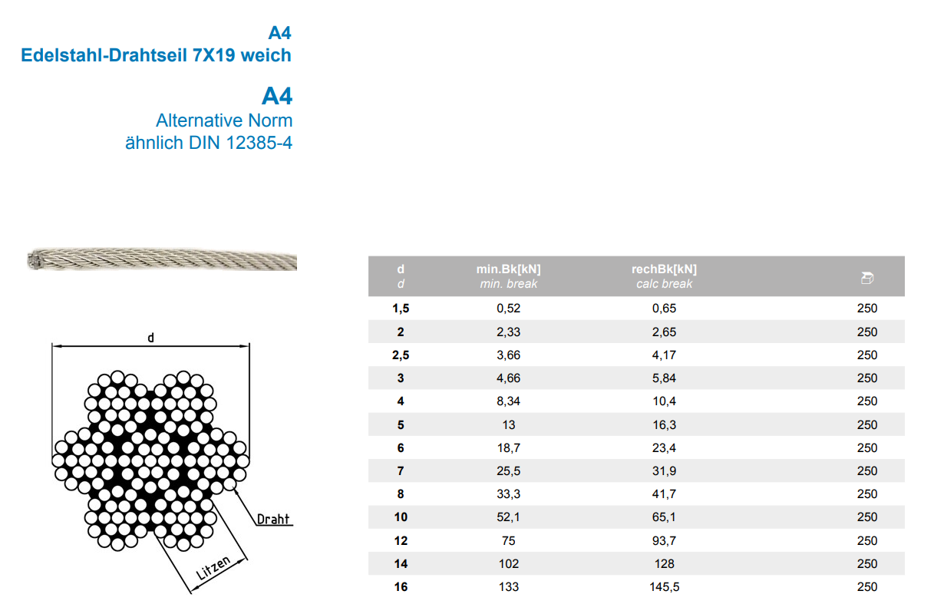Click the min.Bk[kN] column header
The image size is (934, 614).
(508, 269)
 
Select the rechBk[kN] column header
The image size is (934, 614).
(664, 269)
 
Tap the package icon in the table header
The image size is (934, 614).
(867, 278)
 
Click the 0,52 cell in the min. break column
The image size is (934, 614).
(508, 309)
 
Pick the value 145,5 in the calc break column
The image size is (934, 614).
(664, 587)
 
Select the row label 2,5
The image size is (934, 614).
(401, 355)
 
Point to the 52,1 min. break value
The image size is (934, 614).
(508, 517)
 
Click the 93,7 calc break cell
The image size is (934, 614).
(664, 540)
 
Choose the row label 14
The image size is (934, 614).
(401, 564)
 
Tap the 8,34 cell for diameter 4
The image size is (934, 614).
(508, 401)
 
